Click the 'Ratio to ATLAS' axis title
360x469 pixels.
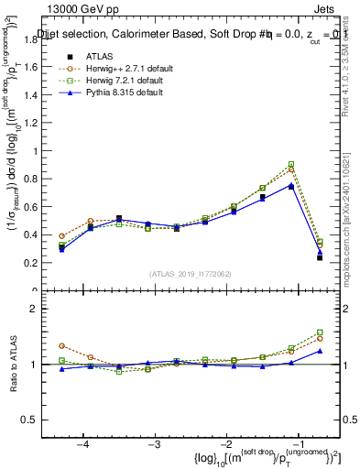[14, 365]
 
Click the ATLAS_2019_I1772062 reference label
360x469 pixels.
[190, 274]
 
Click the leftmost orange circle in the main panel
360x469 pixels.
[61, 235]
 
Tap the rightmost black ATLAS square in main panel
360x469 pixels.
[320, 257]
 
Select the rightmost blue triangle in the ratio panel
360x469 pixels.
[320, 350]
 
